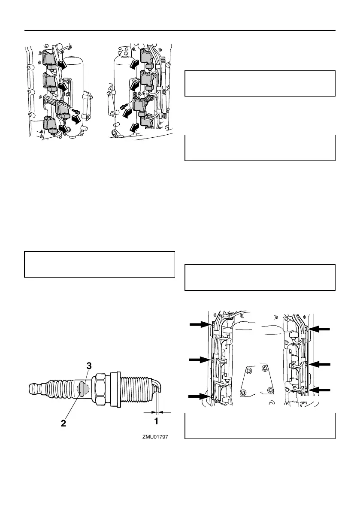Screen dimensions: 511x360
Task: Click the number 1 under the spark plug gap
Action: coord(157,421)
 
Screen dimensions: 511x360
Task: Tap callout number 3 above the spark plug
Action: coord(88,366)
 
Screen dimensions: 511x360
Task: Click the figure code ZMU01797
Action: coord(155,438)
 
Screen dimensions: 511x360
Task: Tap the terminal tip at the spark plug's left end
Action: coord(33,389)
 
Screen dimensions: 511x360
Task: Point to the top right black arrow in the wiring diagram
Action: coord(320,329)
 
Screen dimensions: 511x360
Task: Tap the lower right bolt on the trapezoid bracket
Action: coord(270,390)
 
